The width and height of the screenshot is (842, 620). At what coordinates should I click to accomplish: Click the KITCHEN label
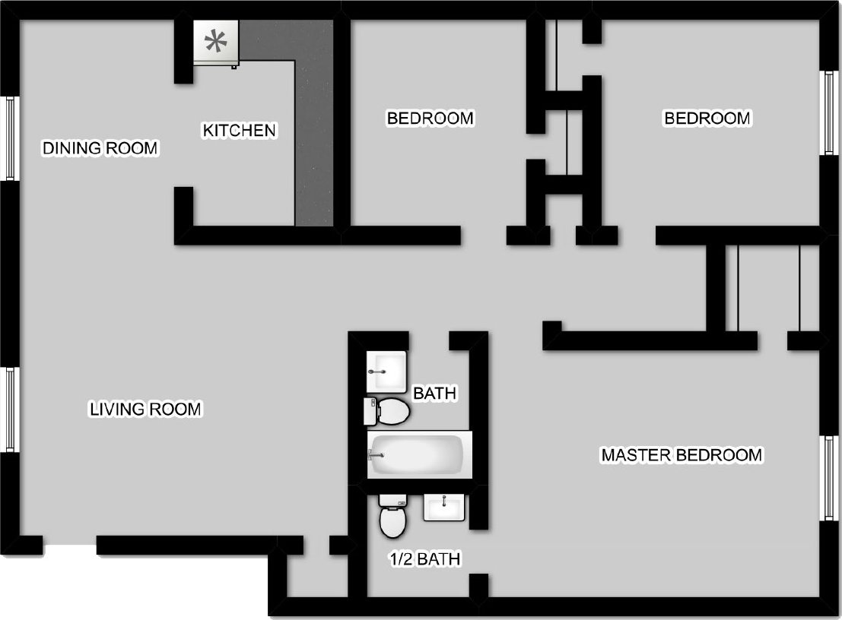pyautogui.click(x=239, y=131)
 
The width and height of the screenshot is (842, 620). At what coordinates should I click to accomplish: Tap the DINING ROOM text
pyautogui.click(x=100, y=147)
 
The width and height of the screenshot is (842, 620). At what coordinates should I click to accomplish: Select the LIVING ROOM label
pyautogui.click(x=145, y=410)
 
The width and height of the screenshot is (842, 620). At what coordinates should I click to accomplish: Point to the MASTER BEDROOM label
pyautogui.click(x=681, y=455)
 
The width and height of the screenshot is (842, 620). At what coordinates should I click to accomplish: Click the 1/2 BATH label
pyautogui.click(x=425, y=560)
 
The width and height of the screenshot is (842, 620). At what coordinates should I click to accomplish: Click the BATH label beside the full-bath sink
pyautogui.click(x=434, y=394)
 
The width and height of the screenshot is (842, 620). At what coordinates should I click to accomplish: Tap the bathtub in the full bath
pyautogui.click(x=419, y=454)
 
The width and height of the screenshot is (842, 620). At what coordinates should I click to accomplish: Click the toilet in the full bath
pyautogui.click(x=388, y=411)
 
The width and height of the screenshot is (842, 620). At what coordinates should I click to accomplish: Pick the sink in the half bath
pyautogui.click(x=443, y=507)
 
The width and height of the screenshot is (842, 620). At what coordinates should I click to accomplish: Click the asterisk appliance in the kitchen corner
pyautogui.click(x=217, y=43)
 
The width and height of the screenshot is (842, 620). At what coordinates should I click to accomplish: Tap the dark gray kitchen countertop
pyautogui.click(x=313, y=137)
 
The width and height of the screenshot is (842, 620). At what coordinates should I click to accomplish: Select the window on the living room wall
pyautogui.click(x=11, y=409)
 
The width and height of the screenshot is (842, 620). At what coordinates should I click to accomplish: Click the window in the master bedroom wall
pyautogui.click(x=830, y=478)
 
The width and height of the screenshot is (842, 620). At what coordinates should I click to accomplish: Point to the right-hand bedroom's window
pyautogui.click(x=830, y=113)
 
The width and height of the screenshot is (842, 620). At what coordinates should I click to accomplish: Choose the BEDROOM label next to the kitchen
pyautogui.click(x=430, y=119)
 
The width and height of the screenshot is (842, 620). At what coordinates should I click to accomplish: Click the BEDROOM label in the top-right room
pyautogui.click(x=707, y=119)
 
